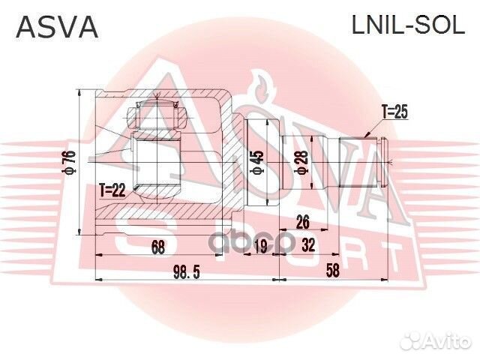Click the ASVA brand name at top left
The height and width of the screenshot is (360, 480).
[58, 27]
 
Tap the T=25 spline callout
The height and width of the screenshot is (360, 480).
[394, 112]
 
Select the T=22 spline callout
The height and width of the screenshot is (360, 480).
[112, 190]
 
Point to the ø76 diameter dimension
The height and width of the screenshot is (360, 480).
[68, 163]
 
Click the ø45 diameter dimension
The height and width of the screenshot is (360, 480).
[258, 160]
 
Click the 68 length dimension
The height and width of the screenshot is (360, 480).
[157, 246]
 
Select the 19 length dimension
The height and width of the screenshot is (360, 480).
[260, 247]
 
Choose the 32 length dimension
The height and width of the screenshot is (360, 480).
[308, 247]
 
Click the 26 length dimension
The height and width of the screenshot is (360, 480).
[303, 221]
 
